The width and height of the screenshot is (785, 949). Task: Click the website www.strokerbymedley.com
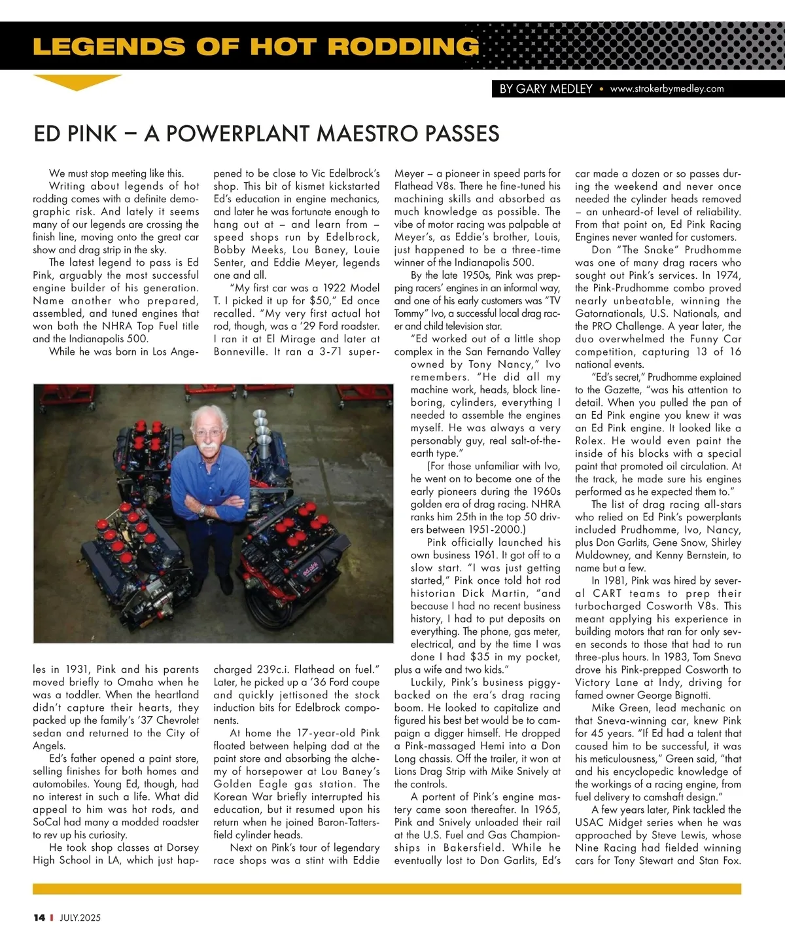[x=667, y=89]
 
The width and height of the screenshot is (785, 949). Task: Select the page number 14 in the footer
[x=39, y=918]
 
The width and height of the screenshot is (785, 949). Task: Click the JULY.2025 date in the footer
[x=80, y=918]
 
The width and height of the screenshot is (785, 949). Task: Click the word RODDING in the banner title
[x=403, y=46]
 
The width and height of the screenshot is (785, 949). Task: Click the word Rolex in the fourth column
[x=591, y=440]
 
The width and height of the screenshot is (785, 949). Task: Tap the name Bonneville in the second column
[x=241, y=351]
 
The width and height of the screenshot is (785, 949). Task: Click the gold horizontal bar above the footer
[x=387, y=889]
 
